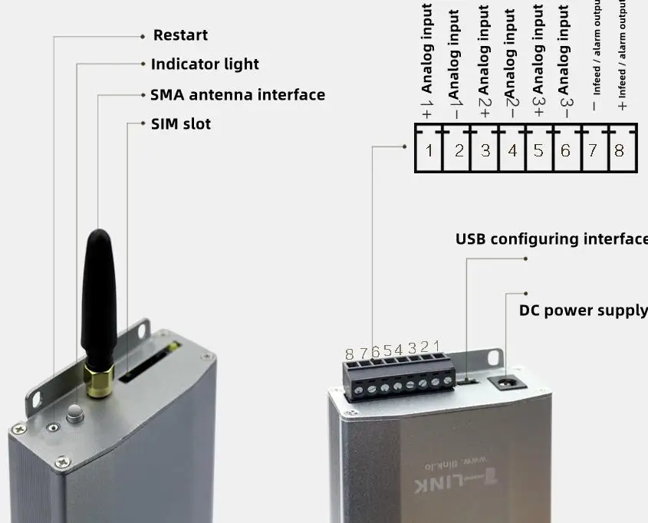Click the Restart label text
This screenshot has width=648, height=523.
tap(180, 35)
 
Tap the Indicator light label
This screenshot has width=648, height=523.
tap(205, 64)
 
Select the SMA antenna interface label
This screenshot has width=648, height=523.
tap(237, 95)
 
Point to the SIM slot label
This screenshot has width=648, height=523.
tap(181, 124)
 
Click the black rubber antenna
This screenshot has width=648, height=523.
tap(99, 299)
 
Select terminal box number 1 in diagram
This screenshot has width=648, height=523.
tap(429, 150)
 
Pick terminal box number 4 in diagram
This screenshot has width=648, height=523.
tap(512, 150)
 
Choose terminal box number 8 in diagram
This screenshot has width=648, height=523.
tap(620, 150)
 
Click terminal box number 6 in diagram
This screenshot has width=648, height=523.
tap(565, 150)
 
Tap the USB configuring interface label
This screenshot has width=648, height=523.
tap(551, 239)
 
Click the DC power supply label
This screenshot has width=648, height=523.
tap(583, 311)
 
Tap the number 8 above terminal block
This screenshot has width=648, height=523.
tap(350, 354)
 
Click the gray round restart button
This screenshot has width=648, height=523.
tap(74, 414)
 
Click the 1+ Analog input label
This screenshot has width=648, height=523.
tap(428, 61)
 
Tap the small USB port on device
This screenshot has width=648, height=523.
tap(469, 379)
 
